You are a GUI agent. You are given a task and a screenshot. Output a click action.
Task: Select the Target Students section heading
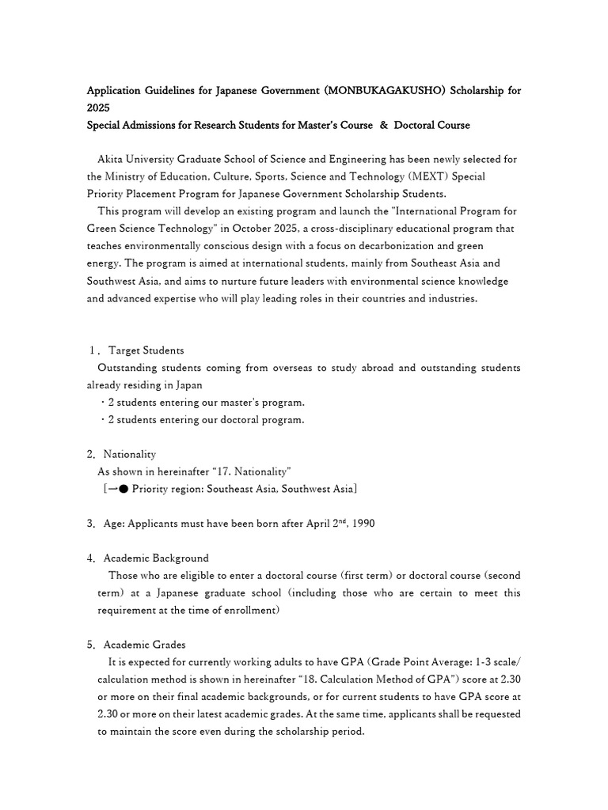[x=146, y=350]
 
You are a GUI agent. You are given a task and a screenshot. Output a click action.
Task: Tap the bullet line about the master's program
[x=202, y=403]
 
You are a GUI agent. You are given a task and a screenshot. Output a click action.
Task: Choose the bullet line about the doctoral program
[x=202, y=420]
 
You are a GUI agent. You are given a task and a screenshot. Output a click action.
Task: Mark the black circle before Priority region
[x=123, y=489]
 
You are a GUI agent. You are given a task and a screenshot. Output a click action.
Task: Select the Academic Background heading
[x=156, y=558]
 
